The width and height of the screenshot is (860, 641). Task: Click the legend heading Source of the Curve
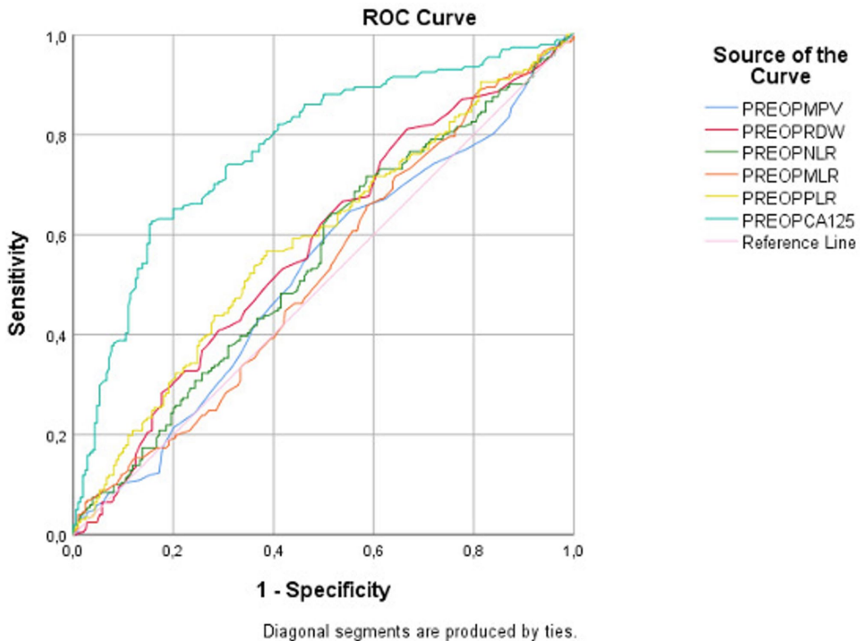[x=780, y=64]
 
